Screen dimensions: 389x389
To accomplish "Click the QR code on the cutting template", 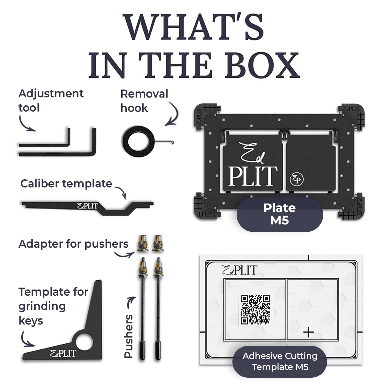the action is click(x=255, y=309).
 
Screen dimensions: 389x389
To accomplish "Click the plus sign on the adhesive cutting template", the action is click(x=308, y=332).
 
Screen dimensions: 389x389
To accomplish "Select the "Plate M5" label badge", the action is click(x=280, y=214).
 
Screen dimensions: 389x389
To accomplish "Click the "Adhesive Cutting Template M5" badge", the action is click(x=280, y=361).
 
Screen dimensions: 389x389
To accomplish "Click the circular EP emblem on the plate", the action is click(x=297, y=179).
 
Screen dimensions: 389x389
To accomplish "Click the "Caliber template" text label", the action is click(x=66, y=183).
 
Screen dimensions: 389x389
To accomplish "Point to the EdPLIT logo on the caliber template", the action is click(x=88, y=206).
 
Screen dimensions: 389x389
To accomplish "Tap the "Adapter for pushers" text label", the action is click(x=74, y=244).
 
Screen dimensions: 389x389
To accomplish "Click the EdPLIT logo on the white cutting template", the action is click(x=240, y=270).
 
